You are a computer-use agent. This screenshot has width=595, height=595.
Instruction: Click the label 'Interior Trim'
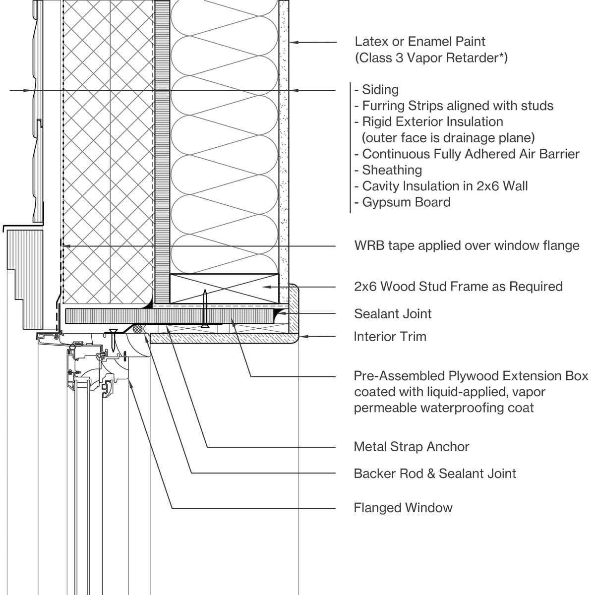tap(390, 337)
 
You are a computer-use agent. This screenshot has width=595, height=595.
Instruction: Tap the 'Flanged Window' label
tap(403, 508)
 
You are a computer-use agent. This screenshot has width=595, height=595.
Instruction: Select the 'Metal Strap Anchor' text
tap(411, 447)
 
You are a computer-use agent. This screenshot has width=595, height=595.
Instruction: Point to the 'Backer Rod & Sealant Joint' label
tap(435, 474)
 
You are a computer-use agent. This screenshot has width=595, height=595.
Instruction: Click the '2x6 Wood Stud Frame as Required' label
tap(458, 287)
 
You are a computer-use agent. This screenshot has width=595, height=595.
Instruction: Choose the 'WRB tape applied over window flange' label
tap(467, 245)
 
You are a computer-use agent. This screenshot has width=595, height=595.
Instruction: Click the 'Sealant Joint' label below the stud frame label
tap(393, 314)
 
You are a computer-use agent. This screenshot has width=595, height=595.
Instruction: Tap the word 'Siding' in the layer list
tap(380, 90)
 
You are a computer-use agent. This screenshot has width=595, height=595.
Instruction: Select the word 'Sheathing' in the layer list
tap(392, 170)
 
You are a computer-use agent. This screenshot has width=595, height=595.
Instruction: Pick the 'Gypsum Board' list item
tap(406, 202)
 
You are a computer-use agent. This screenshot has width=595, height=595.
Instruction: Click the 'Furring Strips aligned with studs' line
tap(457, 106)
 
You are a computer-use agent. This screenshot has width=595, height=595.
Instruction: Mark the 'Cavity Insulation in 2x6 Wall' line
tap(445, 186)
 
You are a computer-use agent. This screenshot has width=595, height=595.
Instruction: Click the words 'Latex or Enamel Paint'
tap(420, 42)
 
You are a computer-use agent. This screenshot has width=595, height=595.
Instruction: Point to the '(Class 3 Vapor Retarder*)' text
tap(431, 58)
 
